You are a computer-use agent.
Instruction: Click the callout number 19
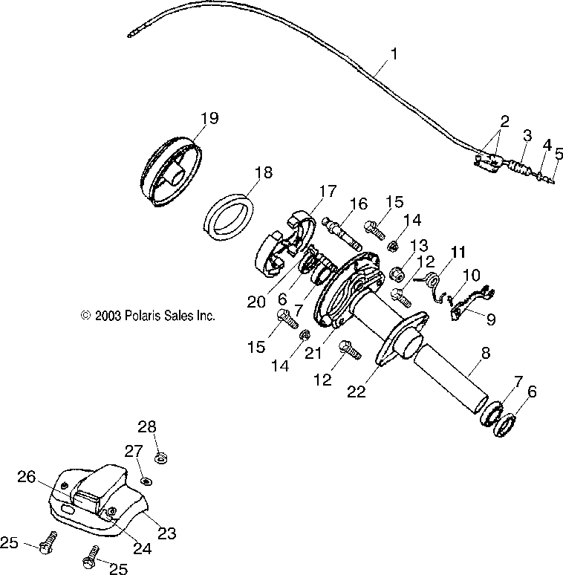coord(209,118)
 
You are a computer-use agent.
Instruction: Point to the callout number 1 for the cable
coord(394,54)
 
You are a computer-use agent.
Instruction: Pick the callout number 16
coord(358,204)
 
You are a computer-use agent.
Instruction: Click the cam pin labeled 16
coord(342,233)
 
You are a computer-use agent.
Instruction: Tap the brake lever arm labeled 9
coord(472,302)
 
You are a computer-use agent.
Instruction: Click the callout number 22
coord(357,392)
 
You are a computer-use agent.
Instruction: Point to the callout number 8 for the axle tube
coord(485,353)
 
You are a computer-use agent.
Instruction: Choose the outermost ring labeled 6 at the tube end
coord(506,425)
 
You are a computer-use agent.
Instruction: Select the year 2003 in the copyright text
coord(108,316)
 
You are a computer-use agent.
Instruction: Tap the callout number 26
coord(27,477)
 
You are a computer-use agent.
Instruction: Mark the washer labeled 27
coord(146,481)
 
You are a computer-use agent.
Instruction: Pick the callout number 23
coord(167,533)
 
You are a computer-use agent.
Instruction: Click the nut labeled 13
coord(397,273)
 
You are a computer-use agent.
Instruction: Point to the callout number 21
coord(313,353)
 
